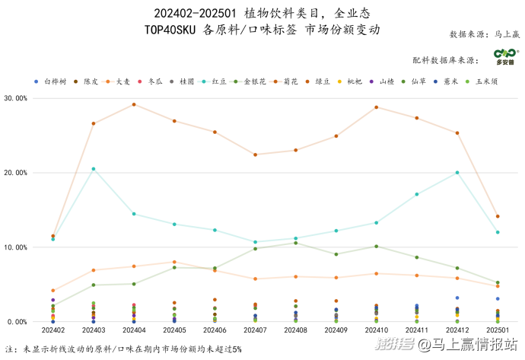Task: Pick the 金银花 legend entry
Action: tap(253, 80)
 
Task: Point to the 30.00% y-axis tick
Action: tap(15, 98)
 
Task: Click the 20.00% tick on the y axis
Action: tap(15, 173)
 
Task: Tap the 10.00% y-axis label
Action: tap(15, 247)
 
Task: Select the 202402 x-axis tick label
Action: tap(53, 330)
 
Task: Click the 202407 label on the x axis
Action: tap(255, 330)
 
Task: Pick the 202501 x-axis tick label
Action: tap(498, 330)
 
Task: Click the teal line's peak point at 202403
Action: tap(94, 169)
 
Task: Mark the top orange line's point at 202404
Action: tap(134, 104)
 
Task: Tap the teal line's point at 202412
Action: tap(457, 173)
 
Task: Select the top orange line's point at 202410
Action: tap(377, 107)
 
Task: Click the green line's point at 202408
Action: tap(295, 243)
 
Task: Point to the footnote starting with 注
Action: tap(122, 349)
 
